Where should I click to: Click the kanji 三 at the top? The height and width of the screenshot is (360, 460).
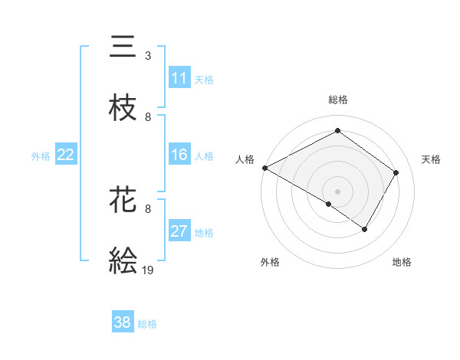[123, 47]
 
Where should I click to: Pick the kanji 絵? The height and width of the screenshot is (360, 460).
[123, 261]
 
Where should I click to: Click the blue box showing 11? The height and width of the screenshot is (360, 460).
[179, 78]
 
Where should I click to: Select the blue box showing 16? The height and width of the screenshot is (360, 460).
[179, 155]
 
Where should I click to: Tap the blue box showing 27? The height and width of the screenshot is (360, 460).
[179, 231]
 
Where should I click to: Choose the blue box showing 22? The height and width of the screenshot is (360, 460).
[66, 155]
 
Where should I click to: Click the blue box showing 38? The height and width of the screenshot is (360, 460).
[123, 322]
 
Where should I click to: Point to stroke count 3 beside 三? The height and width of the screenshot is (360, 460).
[148, 55]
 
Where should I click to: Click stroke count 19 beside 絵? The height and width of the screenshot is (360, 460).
[148, 270]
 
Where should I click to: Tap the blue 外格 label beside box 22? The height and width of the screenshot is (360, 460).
[41, 155]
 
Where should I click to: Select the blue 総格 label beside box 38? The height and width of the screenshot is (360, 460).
[147, 323]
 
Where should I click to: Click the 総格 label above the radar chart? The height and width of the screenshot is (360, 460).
[337, 100]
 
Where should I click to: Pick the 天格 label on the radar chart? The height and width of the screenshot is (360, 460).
[431, 159]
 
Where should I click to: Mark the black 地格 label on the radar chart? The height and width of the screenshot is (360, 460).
[402, 262]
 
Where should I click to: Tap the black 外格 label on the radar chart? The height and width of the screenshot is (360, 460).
[270, 262]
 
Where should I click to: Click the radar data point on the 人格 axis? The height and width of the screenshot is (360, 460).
[264, 167]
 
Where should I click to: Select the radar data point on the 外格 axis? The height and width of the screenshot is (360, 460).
[329, 204]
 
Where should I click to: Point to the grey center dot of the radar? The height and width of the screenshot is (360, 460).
[337, 191]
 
